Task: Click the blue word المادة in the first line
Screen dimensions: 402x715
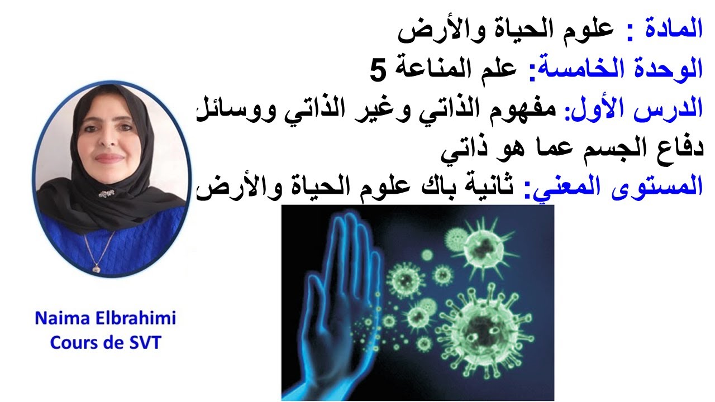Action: click(x=676, y=29)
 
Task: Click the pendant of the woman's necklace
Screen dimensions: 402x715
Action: click(x=96, y=269)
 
